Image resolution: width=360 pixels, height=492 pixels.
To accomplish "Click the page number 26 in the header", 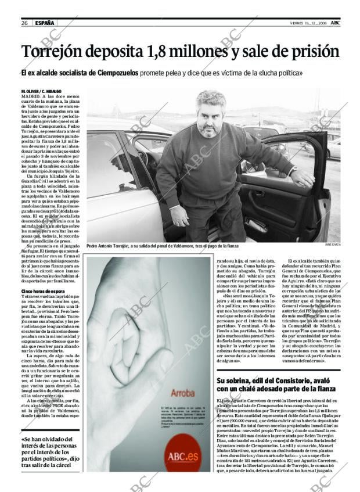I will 25,23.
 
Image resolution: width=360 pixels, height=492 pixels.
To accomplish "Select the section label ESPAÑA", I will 45,23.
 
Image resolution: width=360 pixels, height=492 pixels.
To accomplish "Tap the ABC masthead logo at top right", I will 336,22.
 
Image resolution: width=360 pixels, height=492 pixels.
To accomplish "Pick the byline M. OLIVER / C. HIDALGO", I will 44,92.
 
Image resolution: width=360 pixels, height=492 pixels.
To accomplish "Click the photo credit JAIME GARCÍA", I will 333,246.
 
